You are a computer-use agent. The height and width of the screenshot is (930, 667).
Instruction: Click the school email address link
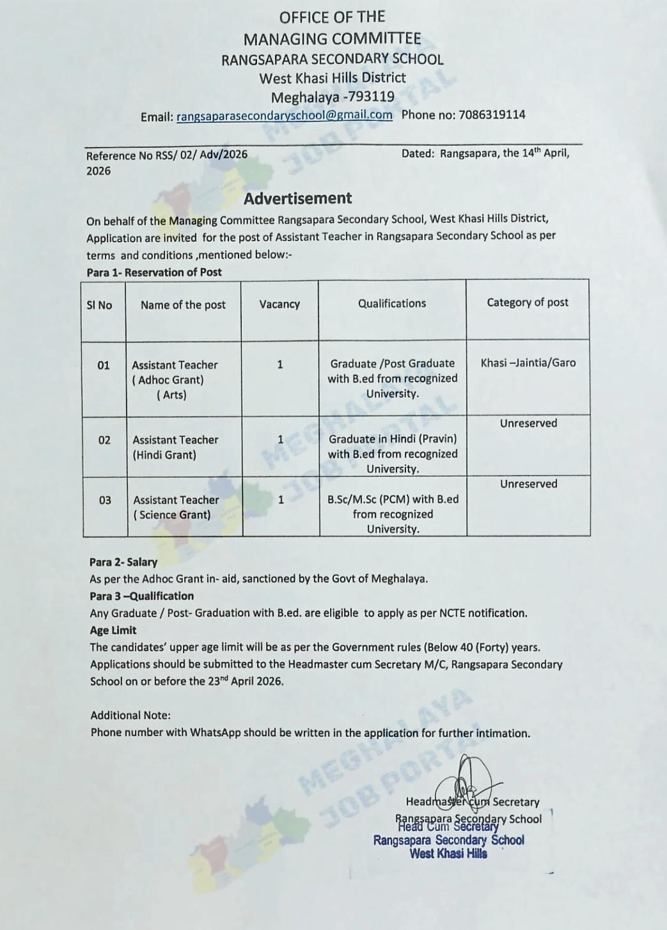point(284,116)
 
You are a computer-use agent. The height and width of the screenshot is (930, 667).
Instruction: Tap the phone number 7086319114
point(492,115)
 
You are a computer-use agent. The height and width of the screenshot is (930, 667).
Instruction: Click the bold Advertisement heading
point(297,198)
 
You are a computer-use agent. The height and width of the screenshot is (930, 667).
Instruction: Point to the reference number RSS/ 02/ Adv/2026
point(201,155)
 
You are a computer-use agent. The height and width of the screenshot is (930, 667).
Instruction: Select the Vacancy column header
point(279,304)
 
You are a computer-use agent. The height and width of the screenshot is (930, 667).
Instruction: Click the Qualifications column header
point(391,304)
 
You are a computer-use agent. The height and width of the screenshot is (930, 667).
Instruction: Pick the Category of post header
point(527,303)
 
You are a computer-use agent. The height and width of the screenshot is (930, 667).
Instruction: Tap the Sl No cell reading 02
point(104,440)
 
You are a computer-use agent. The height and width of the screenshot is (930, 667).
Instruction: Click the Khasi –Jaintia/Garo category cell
point(528,363)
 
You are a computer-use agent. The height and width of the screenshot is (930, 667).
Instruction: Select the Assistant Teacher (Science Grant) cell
point(175,507)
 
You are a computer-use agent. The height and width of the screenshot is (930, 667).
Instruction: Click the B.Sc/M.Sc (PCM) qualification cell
point(393,514)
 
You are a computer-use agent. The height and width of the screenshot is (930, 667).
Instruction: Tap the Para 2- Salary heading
point(123,562)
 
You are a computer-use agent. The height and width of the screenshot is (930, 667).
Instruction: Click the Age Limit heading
point(113,630)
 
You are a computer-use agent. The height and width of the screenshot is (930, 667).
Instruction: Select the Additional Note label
point(130,715)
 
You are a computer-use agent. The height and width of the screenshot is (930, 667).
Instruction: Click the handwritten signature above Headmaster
point(466,779)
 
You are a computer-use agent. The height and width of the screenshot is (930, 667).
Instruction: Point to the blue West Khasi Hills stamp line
point(448,854)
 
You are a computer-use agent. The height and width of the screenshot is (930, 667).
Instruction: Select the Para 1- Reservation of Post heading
point(154,272)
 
